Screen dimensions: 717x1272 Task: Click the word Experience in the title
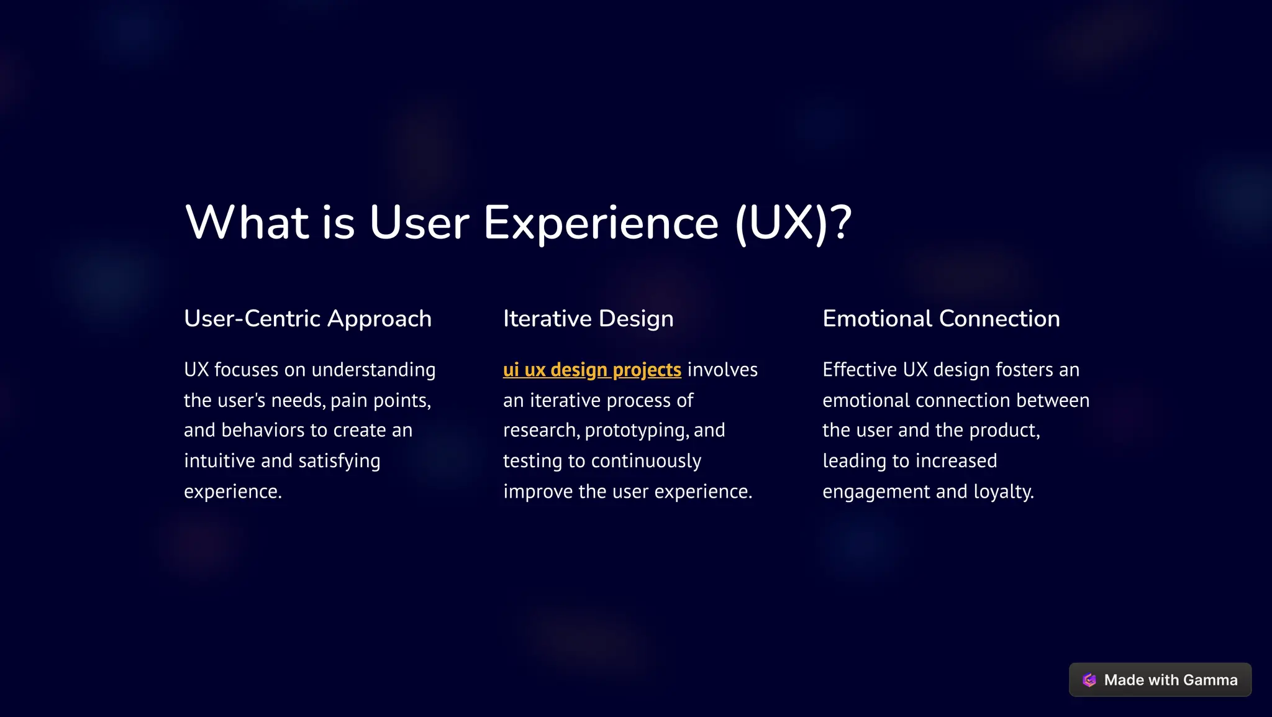pos(601,222)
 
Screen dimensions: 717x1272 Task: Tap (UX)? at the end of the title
pos(793,222)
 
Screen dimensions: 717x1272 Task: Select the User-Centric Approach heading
pos(307,319)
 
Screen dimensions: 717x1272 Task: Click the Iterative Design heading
pos(588,319)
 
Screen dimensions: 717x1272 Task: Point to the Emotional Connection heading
pos(941,319)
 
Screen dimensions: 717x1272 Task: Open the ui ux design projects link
pos(592,370)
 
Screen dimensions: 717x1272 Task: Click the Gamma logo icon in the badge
pos(1089,680)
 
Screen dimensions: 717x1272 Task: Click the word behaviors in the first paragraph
pos(262,431)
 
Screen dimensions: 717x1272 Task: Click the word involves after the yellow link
pos(722,370)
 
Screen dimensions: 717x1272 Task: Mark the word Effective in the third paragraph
pos(860,370)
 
